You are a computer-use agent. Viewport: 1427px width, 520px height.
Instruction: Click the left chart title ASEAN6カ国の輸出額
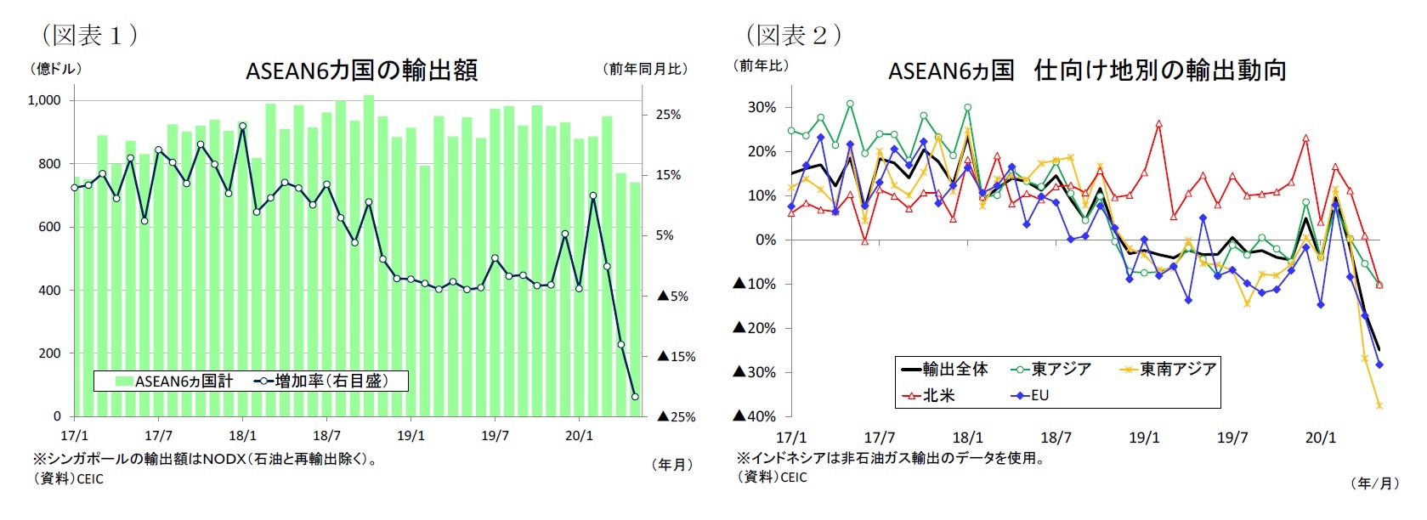tap(361, 70)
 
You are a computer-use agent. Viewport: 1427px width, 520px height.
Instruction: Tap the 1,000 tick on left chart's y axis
tap(44, 100)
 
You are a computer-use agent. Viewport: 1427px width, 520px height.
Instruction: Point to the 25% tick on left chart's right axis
tap(668, 115)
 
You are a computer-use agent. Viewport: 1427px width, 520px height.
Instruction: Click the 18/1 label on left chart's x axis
tap(242, 436)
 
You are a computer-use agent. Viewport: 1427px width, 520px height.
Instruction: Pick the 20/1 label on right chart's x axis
tap(1320, 438)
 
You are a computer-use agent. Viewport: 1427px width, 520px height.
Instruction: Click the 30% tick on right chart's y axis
tap(762, 107)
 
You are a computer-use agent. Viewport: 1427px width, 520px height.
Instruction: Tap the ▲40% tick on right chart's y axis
tap(755, 416)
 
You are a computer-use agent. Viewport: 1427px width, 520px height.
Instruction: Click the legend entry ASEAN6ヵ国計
tap(173, 382)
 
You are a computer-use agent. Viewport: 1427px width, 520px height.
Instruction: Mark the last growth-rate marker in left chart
tap(635, 397)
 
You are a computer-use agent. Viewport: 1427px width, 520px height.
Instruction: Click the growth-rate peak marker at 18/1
tap(243, 126)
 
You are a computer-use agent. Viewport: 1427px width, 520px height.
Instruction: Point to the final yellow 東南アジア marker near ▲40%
tap(1379, 405)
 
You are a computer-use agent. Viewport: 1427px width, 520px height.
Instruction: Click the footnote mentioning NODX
tap(205, 459)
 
